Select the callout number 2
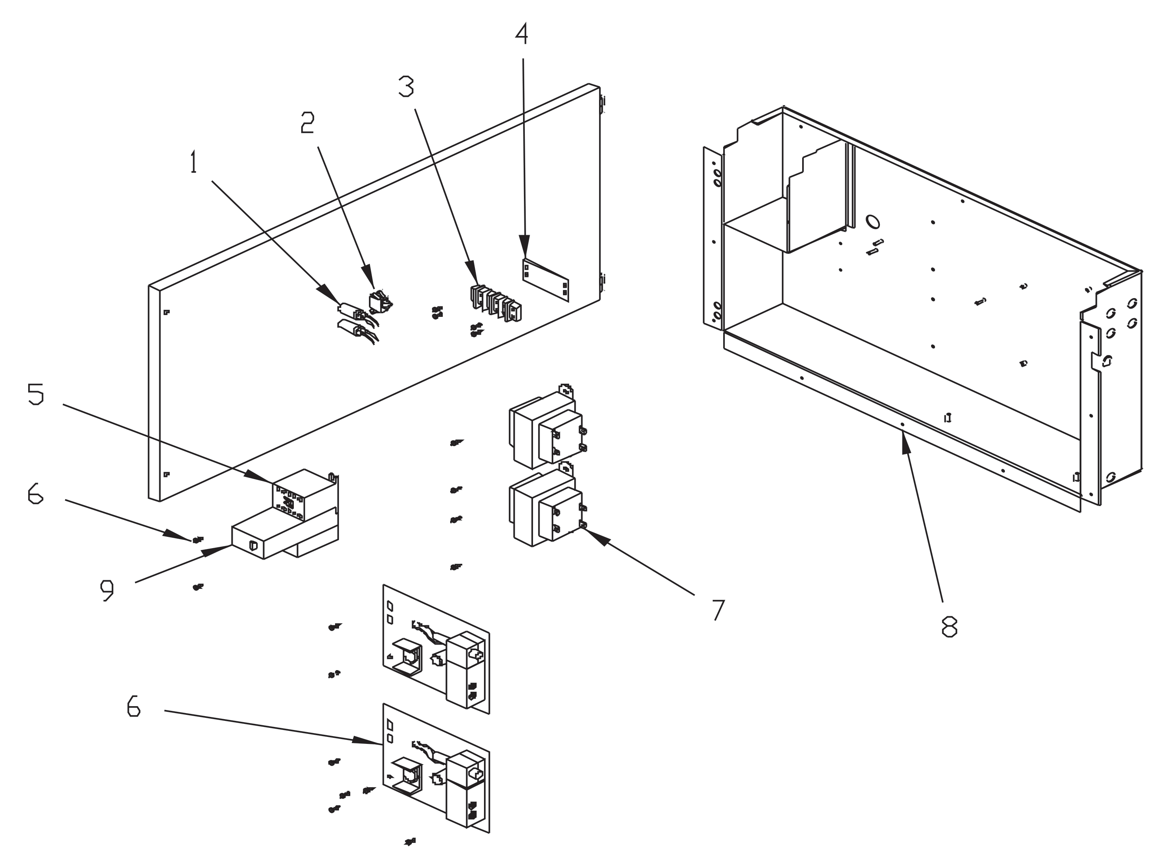click(x=307, y=122)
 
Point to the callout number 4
click(x=521, y=34)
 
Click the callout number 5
click(x=36, y=394)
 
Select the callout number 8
click(x=949, y=626)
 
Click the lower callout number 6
click(x=134, y=706)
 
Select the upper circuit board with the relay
click(x=436, y=649)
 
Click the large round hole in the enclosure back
click(x=872, y=222)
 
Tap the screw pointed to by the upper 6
click(x=197, y=539)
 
